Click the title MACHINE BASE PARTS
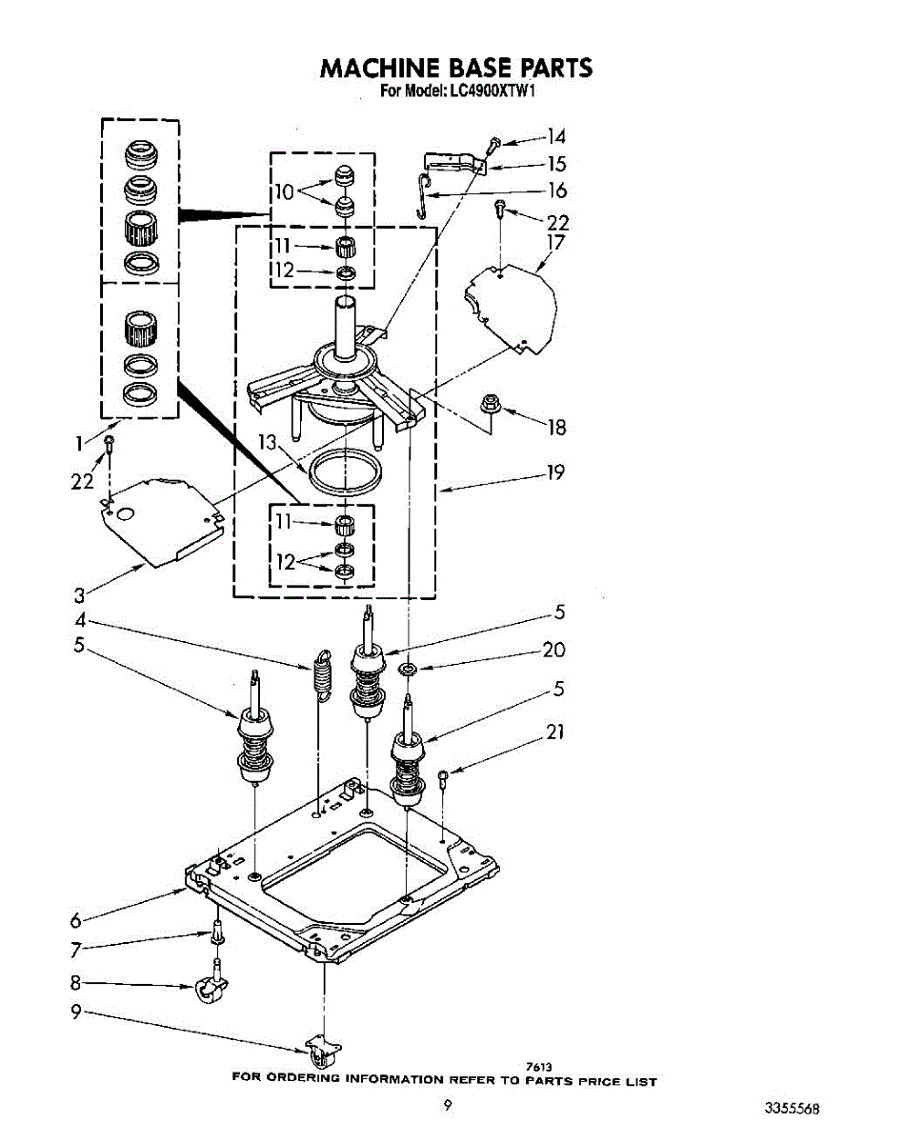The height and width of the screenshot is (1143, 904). point(455,68)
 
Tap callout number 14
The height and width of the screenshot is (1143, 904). point(556,136)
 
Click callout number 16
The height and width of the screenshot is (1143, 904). point(558,190)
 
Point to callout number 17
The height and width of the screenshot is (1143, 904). point(555,244)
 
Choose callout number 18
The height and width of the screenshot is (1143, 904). point(556,428)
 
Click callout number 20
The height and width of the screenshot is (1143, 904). point(553,650)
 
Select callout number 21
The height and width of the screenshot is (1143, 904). point(555,732)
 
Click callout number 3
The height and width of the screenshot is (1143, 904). point(79,596)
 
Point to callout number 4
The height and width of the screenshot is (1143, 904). point(82,620)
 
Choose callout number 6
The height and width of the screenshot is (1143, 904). point(76,920)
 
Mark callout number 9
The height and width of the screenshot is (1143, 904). point(76,1013)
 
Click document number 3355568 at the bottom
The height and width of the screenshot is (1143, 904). point(792,1109)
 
